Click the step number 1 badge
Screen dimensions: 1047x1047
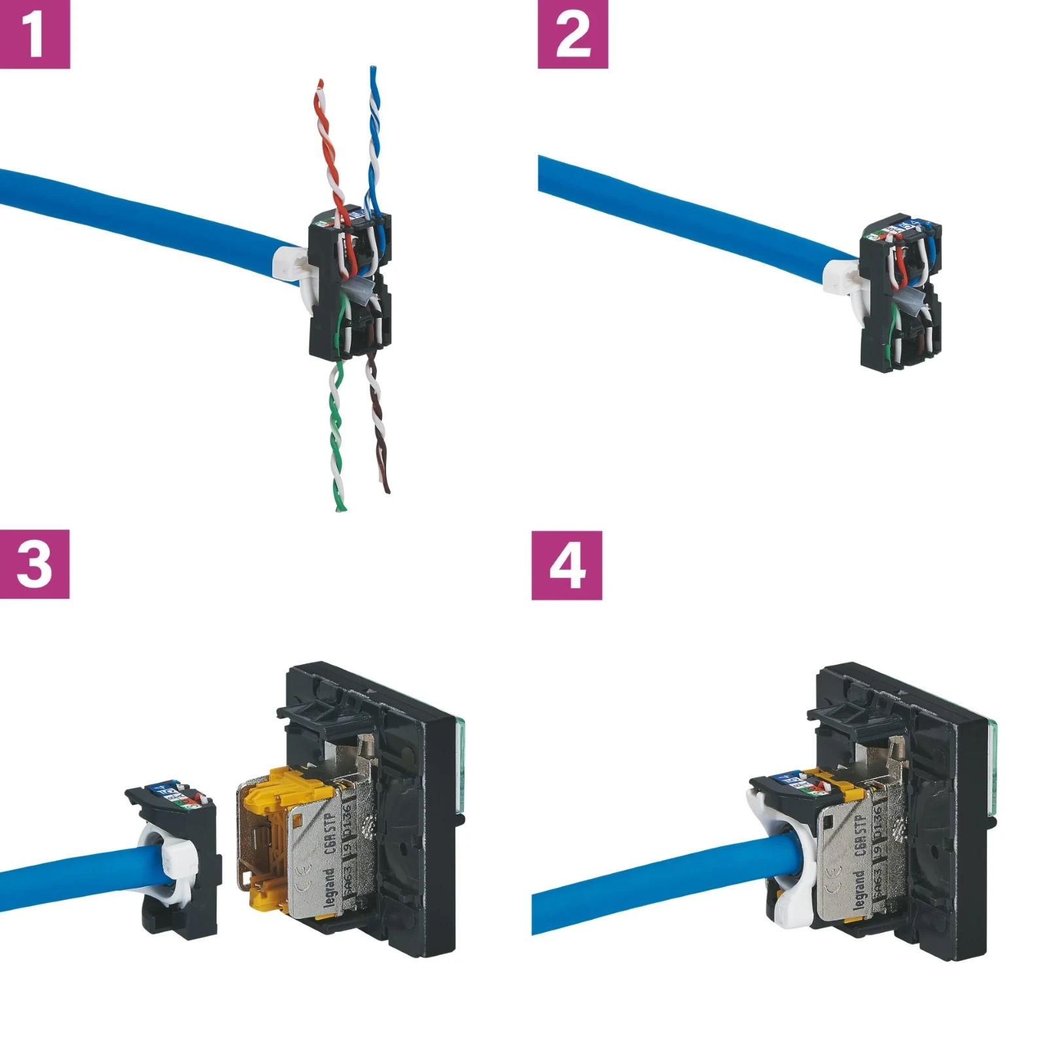point(34,33)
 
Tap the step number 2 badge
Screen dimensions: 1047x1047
point(572,33)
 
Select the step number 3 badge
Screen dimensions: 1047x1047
point(34,563)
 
